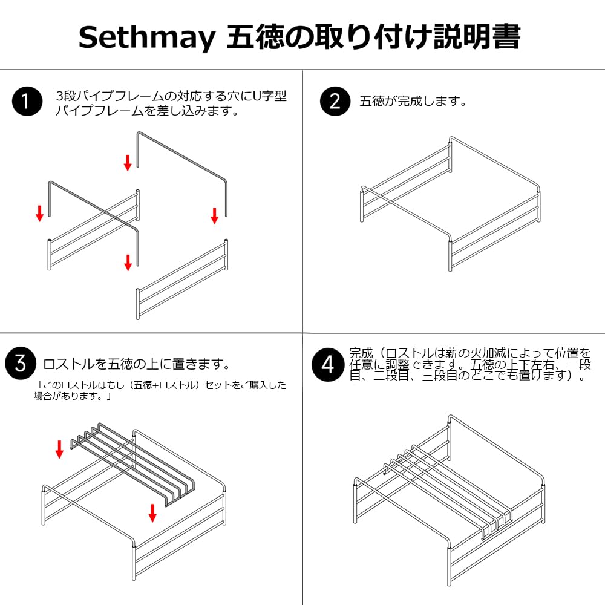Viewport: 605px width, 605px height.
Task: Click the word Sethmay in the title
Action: pyautogui.click(x=146, y=38)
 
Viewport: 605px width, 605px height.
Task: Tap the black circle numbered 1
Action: pyautogui.click(x=27, y=101)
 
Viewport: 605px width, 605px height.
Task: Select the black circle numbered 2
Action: pyautogui.click(x=335, y=101)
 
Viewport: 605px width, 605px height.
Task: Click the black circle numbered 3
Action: pyautogui.click(x=21, y=363)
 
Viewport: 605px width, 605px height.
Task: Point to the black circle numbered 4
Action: pyautogui.click(x=327, y=365)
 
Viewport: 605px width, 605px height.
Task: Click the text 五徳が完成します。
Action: pyautogui.click(x=413, y=102)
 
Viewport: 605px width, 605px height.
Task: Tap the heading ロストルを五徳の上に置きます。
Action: pyautogui.click(x=137, y=364)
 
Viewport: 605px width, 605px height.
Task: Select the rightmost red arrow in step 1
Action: pyautogui.click(x=215, y=215)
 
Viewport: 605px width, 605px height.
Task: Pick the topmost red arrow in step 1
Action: pyautogui.click(x=128, y=162)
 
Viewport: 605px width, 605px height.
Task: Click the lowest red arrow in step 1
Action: pyautogui.click(x=128, y=263)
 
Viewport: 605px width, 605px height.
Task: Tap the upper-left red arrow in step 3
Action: pyautogui.click(x=59, y=450)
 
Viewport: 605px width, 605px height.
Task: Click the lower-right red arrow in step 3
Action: pyautogui.click(x=153, y=513)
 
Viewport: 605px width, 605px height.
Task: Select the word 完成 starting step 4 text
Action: pyautogui.click(x=361, y=353)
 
